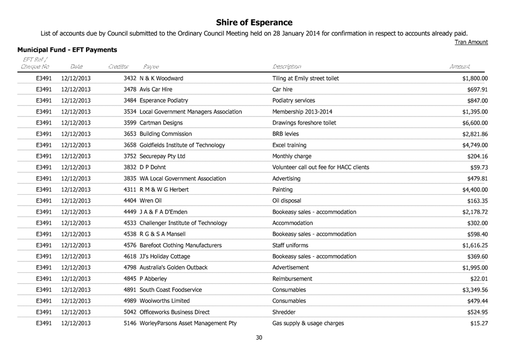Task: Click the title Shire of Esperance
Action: [254, 22]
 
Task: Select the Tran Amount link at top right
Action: [472, 42]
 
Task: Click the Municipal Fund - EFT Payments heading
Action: [67, 50]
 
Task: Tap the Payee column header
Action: [151, 66]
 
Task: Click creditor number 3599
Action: [131, 122]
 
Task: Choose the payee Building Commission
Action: [166, 134]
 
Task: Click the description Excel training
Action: [289, 145]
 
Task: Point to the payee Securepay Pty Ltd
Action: [163, 156]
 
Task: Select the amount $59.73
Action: [479, 167]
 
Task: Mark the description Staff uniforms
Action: [290, 245]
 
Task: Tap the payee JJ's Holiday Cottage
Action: [165, 256]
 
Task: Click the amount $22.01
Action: [479, 278]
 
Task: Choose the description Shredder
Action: [284, 312]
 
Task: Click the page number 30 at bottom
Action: [259, 337]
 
